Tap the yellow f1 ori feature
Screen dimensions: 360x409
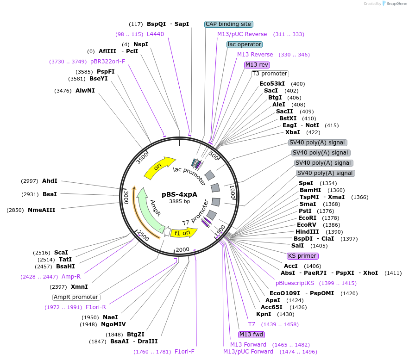click(181, 233)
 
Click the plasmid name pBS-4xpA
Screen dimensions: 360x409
click(179, 194)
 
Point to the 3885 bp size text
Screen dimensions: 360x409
click(179, 201)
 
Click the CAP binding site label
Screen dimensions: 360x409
click(228, 24)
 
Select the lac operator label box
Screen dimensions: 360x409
click(245, 44)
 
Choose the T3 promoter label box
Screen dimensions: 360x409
click(270, 74)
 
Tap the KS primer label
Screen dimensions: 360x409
click(302, 256)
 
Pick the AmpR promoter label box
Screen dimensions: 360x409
click(76, 297)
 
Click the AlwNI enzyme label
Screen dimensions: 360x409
click(85, 91)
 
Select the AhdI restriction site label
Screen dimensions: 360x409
click(50, 181)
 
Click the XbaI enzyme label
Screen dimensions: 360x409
click(293, 132)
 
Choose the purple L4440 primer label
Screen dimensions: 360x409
click(155, 34)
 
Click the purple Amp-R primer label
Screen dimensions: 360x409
click(71, 277)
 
